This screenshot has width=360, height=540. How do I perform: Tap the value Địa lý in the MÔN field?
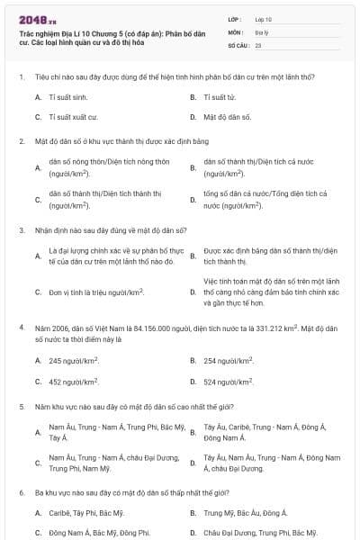(x=262, y=31)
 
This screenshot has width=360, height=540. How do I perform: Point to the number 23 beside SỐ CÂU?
(x=258, y=44)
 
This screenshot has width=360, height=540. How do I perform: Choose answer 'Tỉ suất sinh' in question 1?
(x=68, y=96)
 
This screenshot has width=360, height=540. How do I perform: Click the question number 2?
(x=22, y=141)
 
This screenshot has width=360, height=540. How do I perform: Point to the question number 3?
(x=22, y=229)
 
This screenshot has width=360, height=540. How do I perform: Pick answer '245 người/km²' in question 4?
(x=74, y=361)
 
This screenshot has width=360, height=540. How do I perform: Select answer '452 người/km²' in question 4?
(x=74, y=382)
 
